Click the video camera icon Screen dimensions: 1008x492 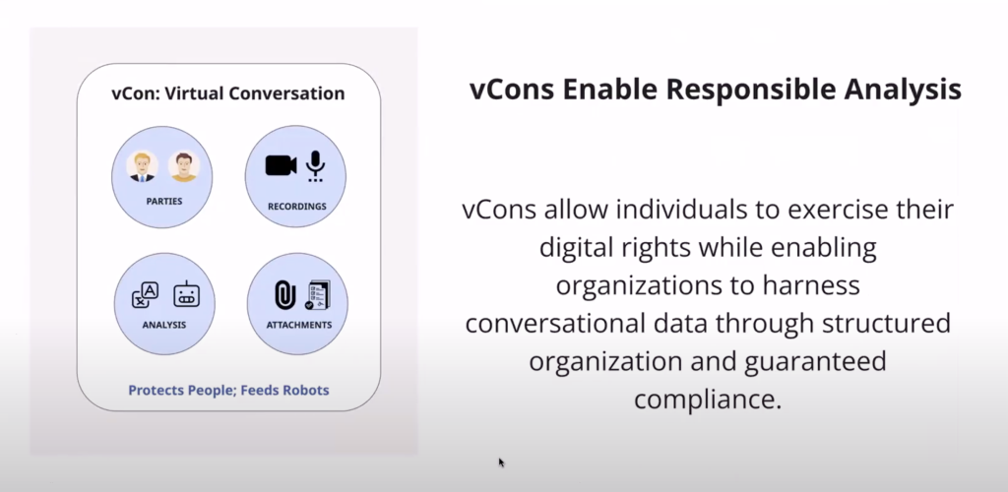point(281,165)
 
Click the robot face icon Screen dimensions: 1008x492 point(186,294)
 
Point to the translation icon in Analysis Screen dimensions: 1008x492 point(146,295)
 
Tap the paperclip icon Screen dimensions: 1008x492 point(284,295)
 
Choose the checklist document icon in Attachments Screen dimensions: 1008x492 point(318,295)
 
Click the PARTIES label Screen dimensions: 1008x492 point(164,201)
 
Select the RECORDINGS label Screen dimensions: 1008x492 point(297,207)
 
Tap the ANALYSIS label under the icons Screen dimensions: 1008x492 point(164,325)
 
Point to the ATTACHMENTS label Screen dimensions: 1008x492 point(299,325)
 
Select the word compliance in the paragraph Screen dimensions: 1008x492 point(708,399)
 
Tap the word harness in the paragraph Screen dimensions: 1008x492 point(811,285)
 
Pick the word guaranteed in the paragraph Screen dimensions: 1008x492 point(815,361)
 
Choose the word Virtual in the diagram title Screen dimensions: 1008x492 point(194,93)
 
